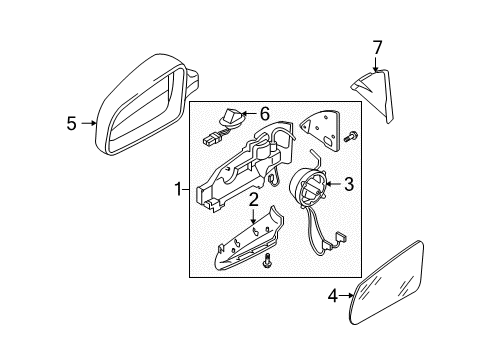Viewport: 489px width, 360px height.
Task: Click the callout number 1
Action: [179, 190]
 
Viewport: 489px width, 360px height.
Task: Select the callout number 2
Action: [253, 200]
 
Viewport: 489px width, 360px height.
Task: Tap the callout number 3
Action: [349, 184]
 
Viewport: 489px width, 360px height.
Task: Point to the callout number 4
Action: [333, 296]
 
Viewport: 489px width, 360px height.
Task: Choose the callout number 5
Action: [71, 123]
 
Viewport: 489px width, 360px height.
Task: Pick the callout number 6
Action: [264, 114]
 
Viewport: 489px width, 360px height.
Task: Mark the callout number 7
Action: [377, 48]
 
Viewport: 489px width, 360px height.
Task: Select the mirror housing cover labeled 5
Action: [147, 104]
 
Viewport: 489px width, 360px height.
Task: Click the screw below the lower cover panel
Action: [267, 260]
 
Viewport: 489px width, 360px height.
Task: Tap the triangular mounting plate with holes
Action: [321, 129]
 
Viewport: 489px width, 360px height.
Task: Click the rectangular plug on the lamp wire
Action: [209, 139]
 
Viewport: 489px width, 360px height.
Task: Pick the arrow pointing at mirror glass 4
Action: [346, 295]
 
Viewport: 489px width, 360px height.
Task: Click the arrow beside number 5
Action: [89, 123]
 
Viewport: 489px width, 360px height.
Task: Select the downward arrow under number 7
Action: [376, 64]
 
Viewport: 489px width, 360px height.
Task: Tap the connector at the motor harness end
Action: [341, 237]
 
